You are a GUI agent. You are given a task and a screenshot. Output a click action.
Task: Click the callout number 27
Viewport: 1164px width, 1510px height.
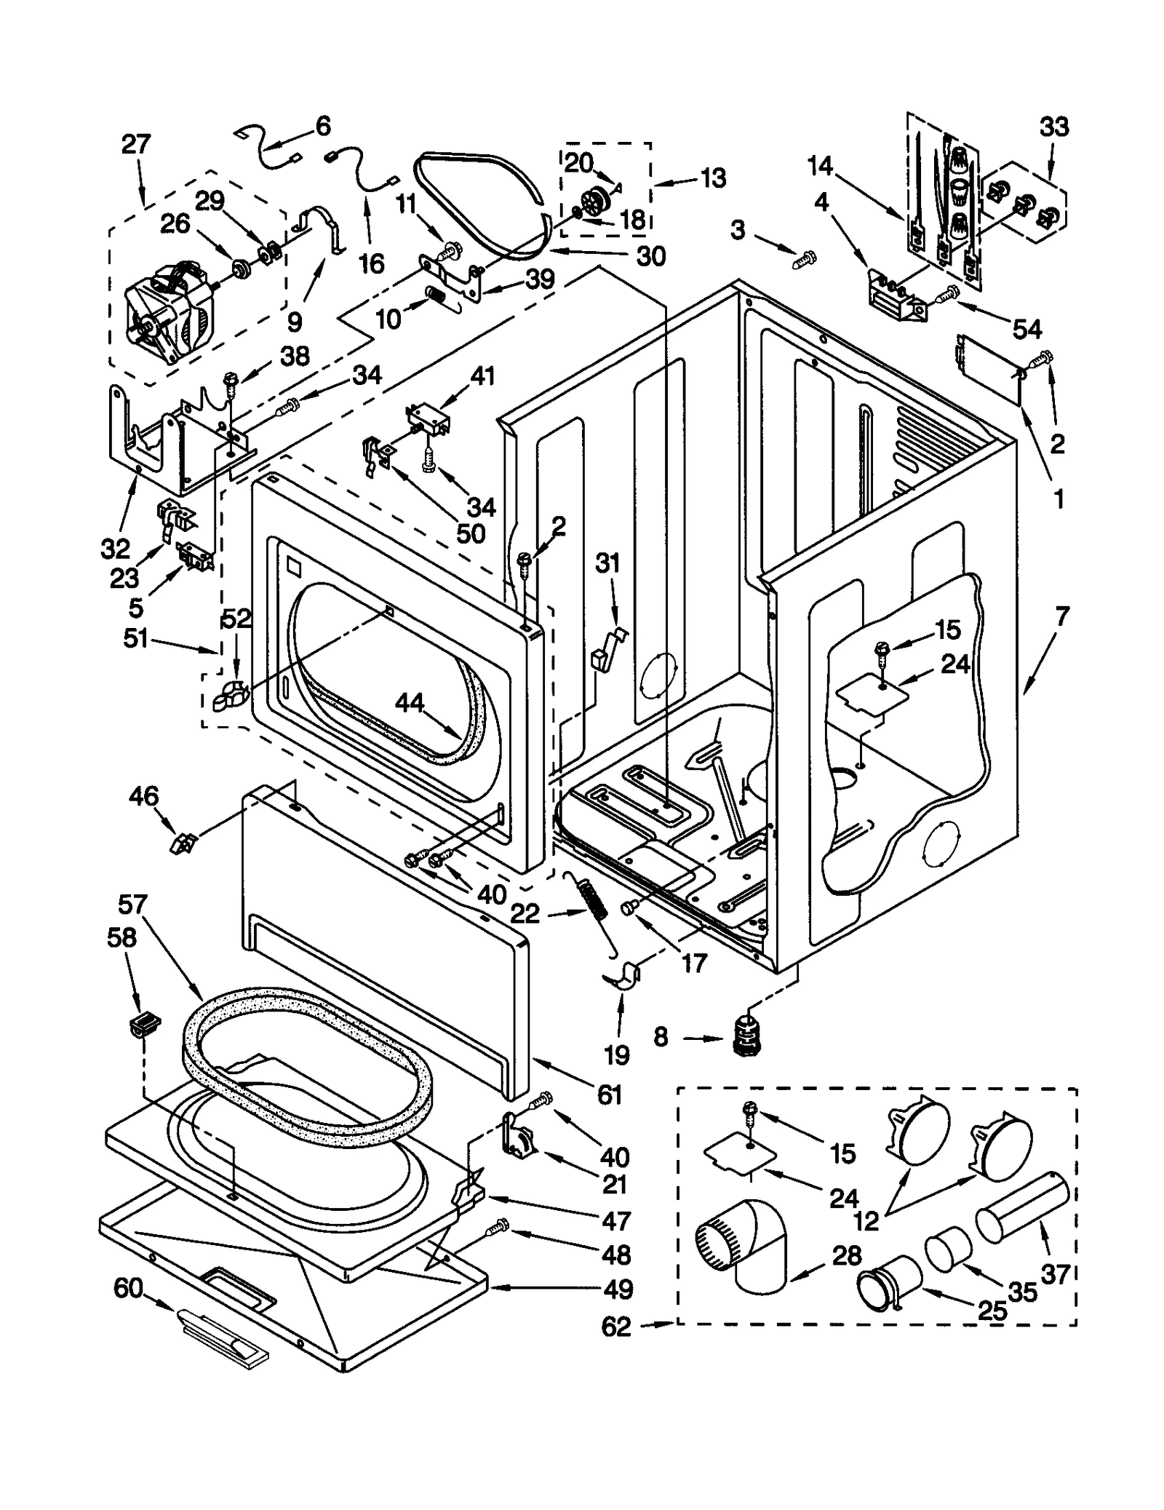(136, 144)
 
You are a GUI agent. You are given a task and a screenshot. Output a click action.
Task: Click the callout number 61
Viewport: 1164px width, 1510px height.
(609, 1094)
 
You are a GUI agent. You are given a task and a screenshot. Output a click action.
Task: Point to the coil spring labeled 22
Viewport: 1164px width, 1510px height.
(594, 905)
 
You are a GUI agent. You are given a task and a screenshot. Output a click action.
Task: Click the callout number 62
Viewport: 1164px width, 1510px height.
(616, 1326)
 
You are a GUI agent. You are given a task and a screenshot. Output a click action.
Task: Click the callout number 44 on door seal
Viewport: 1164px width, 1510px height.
(410, 702)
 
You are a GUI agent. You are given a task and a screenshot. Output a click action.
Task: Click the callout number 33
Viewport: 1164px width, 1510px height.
(1053, 127)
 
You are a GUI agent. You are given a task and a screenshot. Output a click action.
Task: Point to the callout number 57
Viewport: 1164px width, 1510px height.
(132, 905)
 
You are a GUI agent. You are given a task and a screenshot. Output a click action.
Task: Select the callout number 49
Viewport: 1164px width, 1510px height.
(618, 1289)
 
